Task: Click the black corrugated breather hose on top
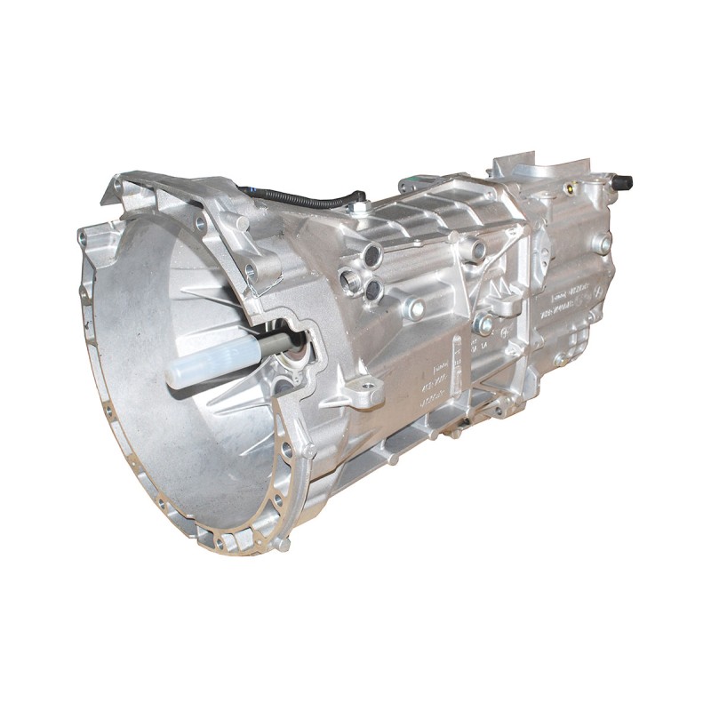pos(302,197)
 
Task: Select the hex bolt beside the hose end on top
pos(362,208)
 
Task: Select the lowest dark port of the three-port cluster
pos(373,289)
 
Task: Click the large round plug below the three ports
pos(414,309)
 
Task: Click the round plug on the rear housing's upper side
pos(601,243)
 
